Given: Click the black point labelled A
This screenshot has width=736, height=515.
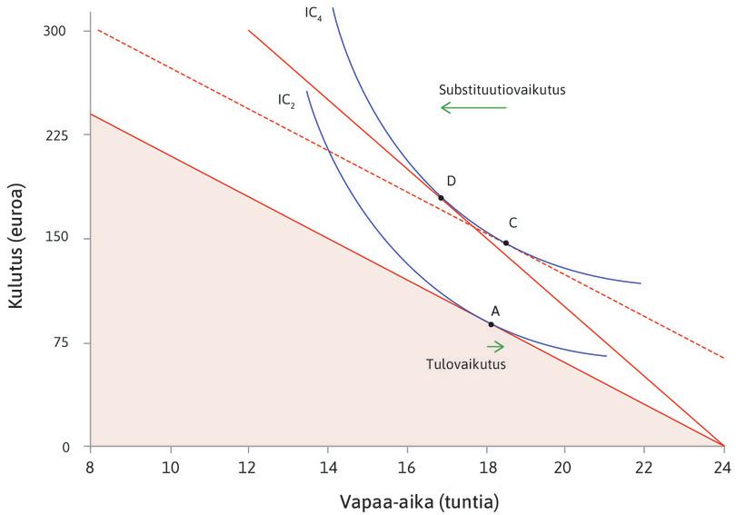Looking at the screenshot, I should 491,324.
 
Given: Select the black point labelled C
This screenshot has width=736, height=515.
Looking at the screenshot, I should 506,243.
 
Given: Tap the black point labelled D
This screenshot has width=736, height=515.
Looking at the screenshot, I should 441,197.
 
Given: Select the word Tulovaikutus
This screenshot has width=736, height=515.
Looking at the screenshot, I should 464,363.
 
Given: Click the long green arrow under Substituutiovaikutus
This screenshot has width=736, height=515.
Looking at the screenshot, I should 473,108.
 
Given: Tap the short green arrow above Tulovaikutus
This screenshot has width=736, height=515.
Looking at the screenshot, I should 495,346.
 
